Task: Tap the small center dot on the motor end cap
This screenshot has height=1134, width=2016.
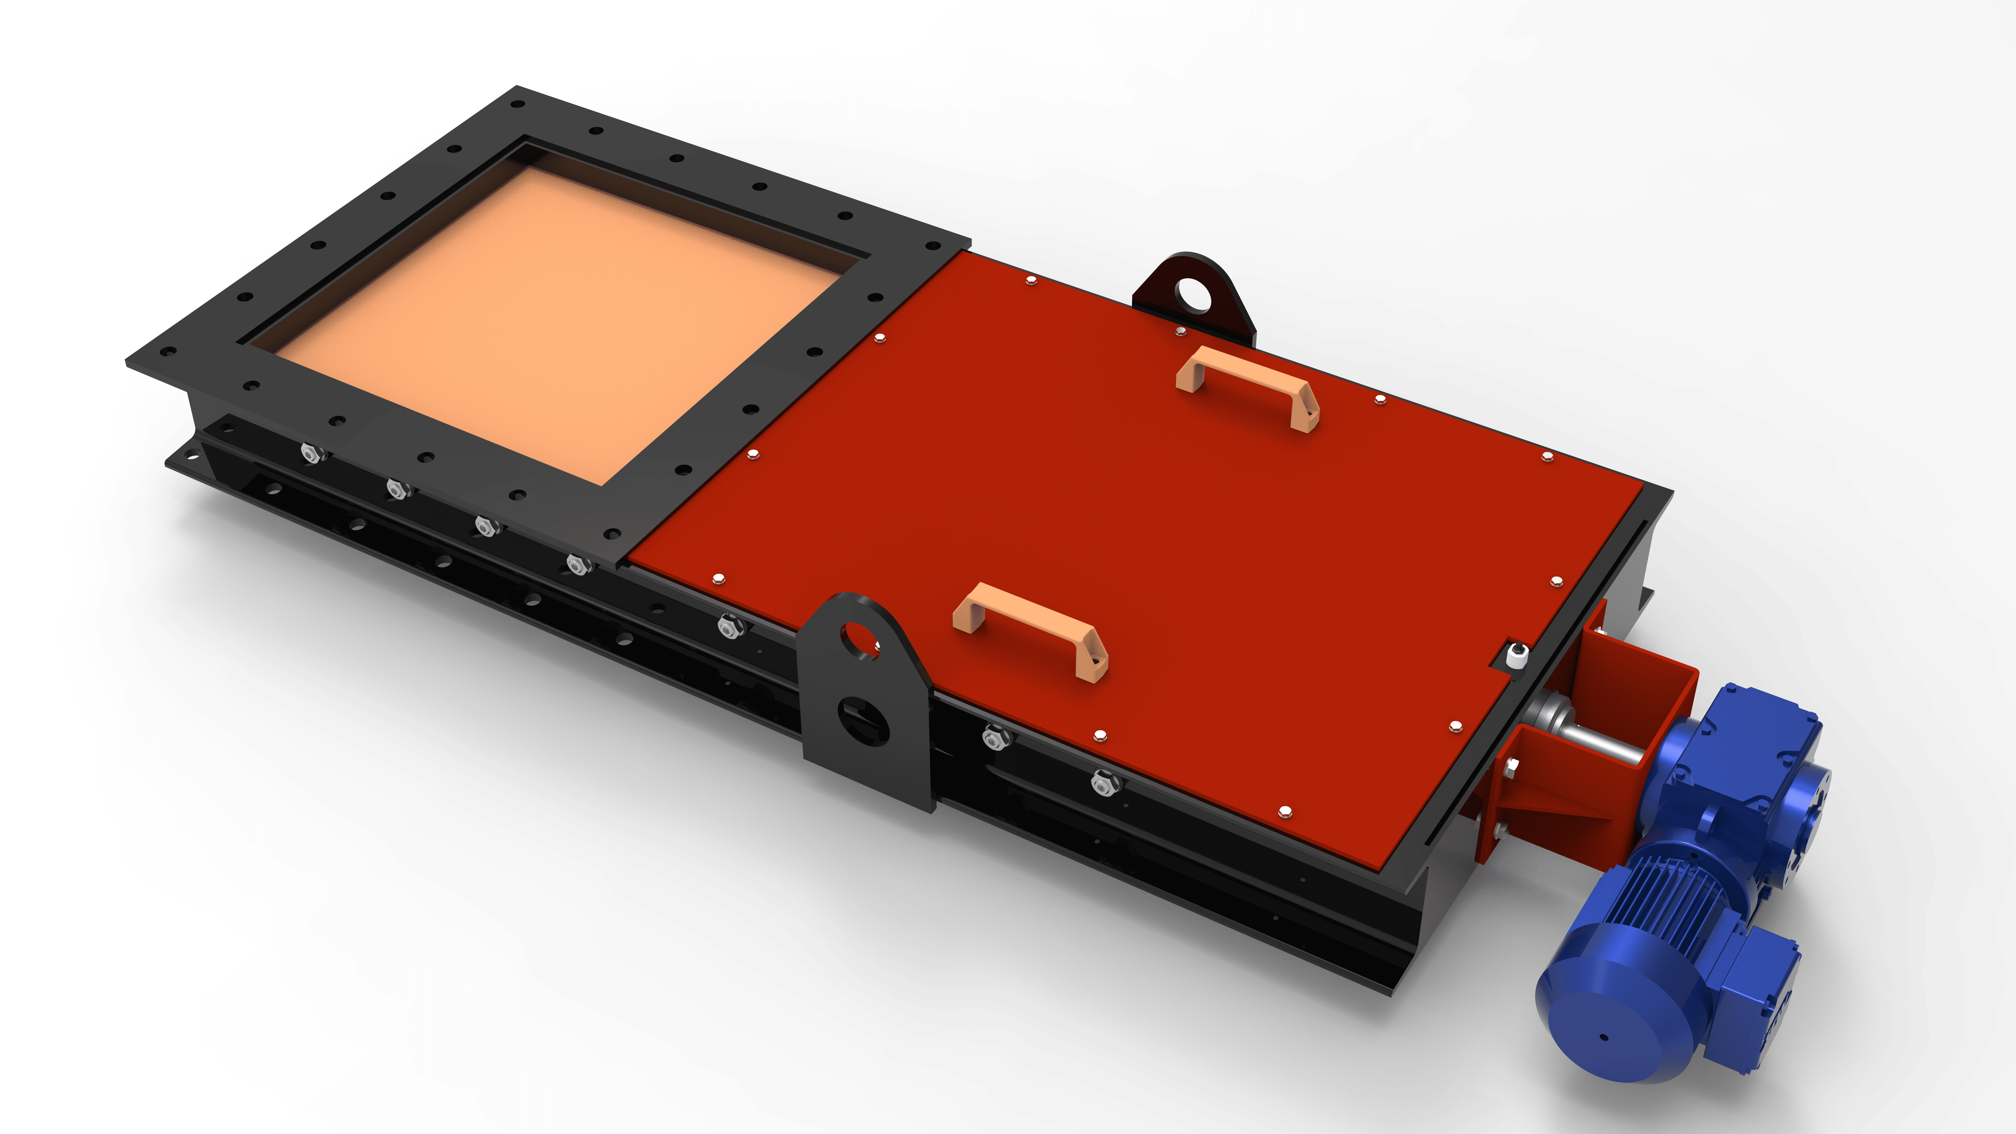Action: (1604, 1038)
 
